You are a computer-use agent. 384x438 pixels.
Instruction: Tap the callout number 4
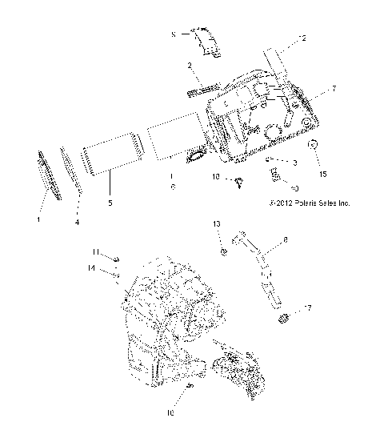point(78,222)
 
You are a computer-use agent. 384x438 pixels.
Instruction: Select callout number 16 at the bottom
point(170,414)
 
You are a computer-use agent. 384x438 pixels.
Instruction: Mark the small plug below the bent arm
point(281,321)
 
